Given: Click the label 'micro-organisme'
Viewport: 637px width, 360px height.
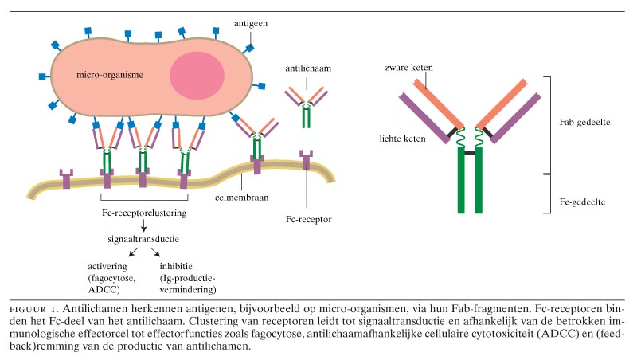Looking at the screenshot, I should (x=109, y=76).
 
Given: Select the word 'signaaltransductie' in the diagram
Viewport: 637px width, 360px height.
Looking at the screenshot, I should (x=142, y=238).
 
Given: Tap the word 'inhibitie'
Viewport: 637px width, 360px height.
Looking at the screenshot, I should (x=175, y=265).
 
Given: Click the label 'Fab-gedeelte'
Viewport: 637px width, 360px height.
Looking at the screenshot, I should (x=581, y=123).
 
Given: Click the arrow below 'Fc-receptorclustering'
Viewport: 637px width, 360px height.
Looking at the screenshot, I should (x=142, y=225).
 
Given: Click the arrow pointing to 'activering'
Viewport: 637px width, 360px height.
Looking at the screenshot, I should (x=121, y=252).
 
